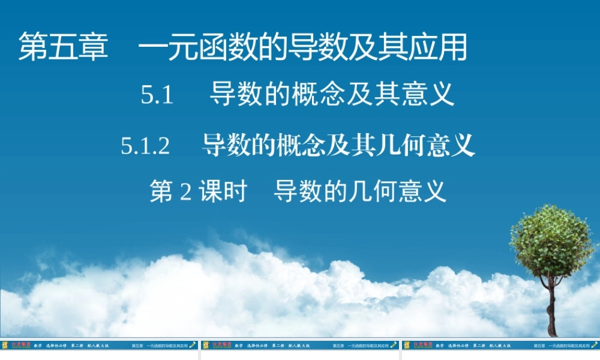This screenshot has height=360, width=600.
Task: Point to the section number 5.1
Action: [157, 95]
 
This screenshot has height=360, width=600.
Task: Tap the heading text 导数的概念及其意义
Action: [332, 95]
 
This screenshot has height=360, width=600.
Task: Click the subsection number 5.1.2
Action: [146, 146]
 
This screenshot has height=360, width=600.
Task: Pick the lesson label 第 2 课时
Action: [199, 192]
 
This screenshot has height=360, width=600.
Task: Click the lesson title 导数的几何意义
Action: [360, 192]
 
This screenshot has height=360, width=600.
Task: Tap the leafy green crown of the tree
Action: [551, 240]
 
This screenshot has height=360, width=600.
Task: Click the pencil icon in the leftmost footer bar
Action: [193, 345]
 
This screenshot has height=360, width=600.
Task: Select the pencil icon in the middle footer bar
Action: [394, 345]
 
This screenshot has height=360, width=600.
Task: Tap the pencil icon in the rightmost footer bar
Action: [595, 345]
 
